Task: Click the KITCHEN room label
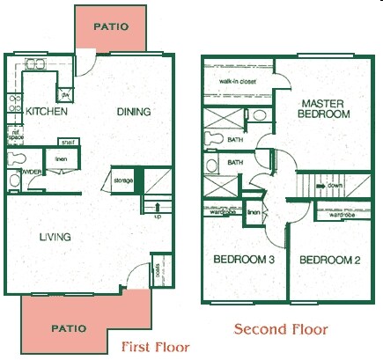pos(42,112)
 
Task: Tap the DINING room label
pos(134,112)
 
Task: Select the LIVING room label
pos(54,236)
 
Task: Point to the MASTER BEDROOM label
pos(323,108)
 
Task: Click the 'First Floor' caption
pos(155,346)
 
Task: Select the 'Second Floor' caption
pos(280,330)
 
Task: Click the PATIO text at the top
pos(111,26)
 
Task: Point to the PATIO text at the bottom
pos(68,328)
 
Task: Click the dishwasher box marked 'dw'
pos(65,93)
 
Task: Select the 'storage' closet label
pos(123,180)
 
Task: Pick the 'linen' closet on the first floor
pos(61,159)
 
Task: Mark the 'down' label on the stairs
pos(335,186)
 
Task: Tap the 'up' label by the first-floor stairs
pos(158,216)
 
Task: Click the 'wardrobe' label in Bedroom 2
pos(342,214)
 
